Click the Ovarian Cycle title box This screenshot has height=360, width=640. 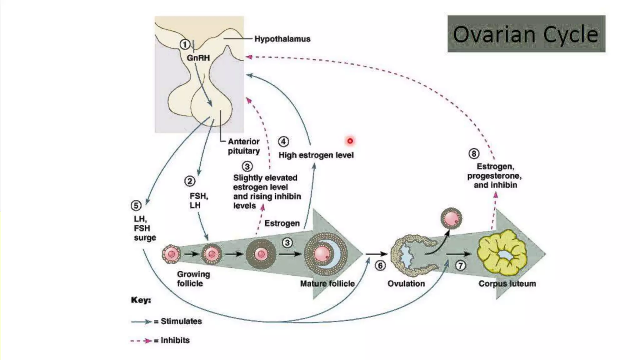(526, 34)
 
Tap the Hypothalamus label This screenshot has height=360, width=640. (282, 39)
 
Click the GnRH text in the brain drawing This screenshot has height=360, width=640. (198, 58)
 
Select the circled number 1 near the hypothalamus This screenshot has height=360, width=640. (185, 45)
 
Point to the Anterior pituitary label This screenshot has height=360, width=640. (244, 146)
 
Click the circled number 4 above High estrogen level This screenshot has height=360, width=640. (283, 142)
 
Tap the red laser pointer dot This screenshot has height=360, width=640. (350, 141)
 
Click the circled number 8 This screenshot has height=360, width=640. (474, 154)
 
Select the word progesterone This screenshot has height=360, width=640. (494, 176)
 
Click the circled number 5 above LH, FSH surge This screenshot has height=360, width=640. (136, 206)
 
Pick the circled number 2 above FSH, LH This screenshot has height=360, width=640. (190, 181)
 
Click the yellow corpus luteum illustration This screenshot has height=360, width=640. (502, 252)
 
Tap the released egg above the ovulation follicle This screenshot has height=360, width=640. (451, 218)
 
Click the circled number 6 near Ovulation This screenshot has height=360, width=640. (380, 266)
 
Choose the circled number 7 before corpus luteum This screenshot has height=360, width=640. (460, 266)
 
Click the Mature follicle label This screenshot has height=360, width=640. (327, 284)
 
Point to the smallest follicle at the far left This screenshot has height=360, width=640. (171, 254)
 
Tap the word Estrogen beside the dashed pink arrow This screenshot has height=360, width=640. (282, 223)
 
